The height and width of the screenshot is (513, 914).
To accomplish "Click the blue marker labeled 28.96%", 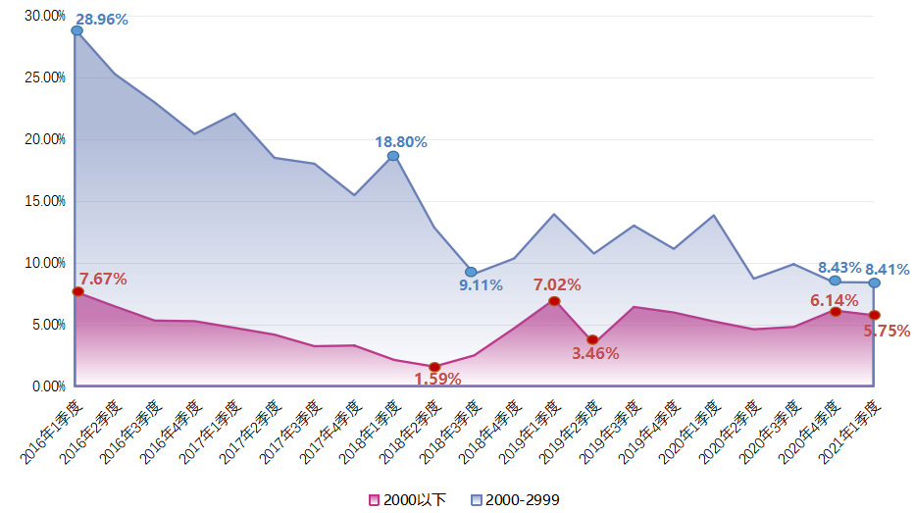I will coord(77,30).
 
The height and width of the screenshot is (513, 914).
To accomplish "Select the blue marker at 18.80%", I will coord(393,156).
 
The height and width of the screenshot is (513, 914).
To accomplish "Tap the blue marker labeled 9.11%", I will coord(471,272).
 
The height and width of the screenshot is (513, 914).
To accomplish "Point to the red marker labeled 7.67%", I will coord(77,291).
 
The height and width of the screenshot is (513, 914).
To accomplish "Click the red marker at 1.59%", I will coord(434,367).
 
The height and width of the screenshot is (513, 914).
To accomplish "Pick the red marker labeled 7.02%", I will coord(554,301).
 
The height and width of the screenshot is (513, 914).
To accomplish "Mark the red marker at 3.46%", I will coord(593,339).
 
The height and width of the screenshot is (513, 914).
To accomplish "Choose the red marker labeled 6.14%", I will coord(836,311).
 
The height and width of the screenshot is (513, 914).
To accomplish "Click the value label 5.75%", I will coord(887,332).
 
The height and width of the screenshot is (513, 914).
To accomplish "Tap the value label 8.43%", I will coord(839,268).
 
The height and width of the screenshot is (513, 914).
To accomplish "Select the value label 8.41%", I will coord(887,270).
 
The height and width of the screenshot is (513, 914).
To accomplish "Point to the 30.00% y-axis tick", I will coord(45,16).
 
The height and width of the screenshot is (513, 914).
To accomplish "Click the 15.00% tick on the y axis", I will coord(45,201).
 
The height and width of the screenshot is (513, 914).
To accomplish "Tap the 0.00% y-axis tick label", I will coord(48,386).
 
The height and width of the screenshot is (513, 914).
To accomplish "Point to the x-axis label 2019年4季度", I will coord(650,431).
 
